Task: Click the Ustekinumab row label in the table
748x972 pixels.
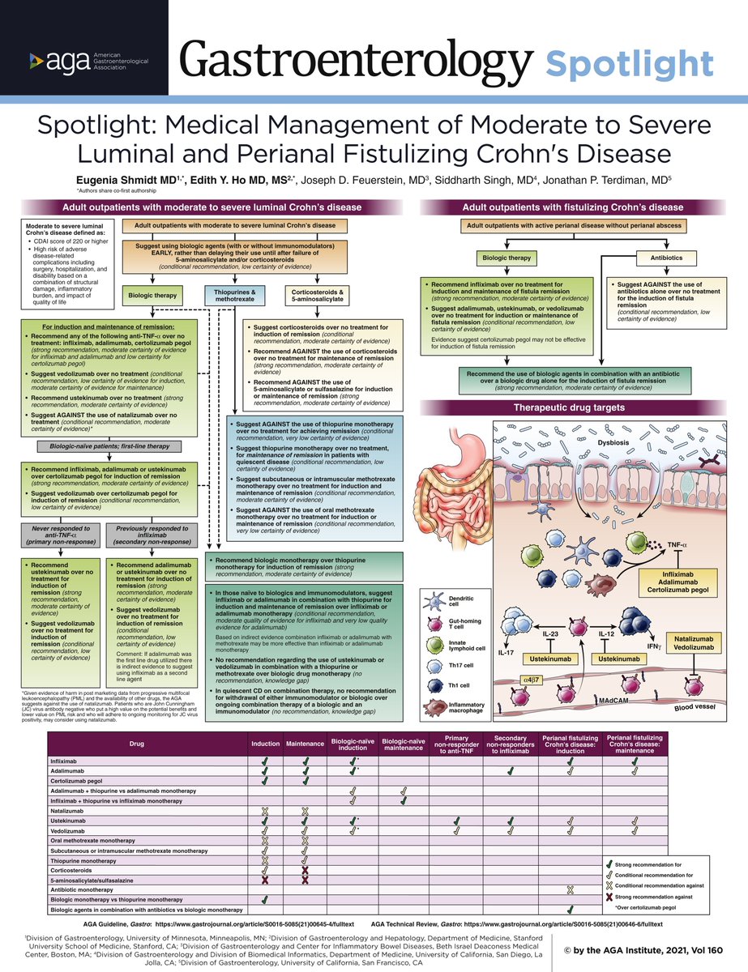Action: (69, 821)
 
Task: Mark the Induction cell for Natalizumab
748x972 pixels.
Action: (264, 811)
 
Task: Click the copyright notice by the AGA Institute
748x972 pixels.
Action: (651, 949)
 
